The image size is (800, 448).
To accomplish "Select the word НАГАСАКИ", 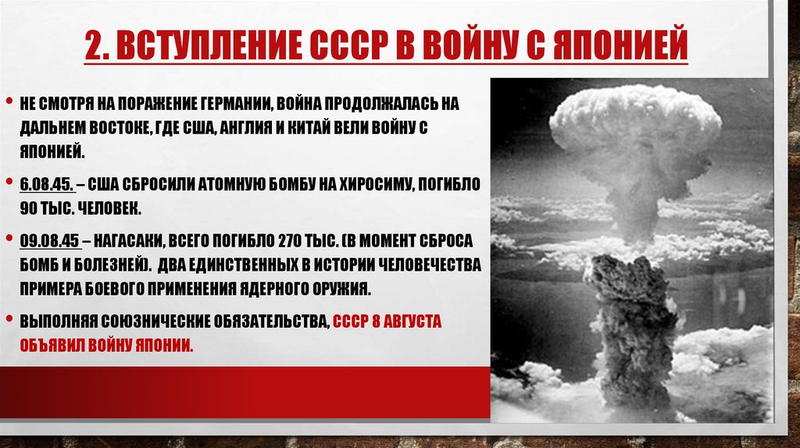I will click(122, 240).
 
